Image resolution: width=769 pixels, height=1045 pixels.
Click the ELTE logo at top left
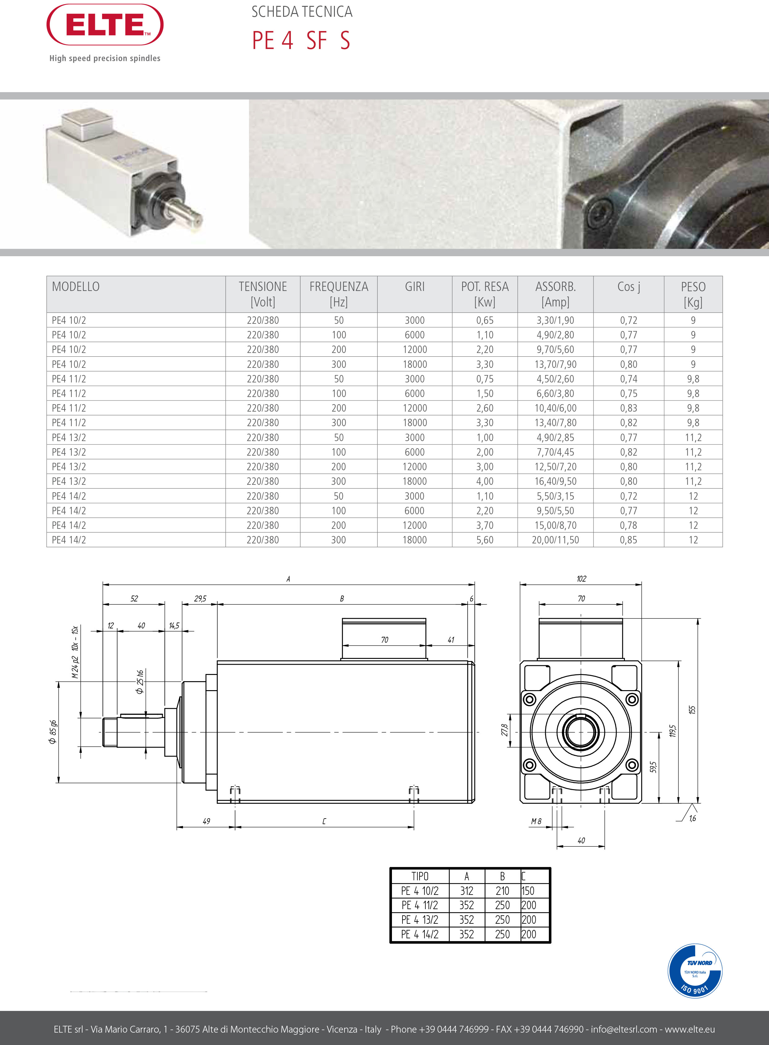(x=105, y=25)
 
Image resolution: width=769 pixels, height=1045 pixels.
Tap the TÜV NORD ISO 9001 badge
(x=695, y=971)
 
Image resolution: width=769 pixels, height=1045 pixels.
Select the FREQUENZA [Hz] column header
(x=339, y=294)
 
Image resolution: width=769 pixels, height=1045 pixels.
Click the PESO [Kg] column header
(x=693, y=294)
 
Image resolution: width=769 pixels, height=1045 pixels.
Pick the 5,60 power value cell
(x=485, y=540)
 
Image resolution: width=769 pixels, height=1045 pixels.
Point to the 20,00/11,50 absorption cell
(x=555, y=540)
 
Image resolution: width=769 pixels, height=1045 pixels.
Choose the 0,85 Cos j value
(x=629, y=540)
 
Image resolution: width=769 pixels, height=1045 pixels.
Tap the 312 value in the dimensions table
(x=466, y=891)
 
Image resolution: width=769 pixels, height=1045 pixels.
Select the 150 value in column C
(x=528, y=891)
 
